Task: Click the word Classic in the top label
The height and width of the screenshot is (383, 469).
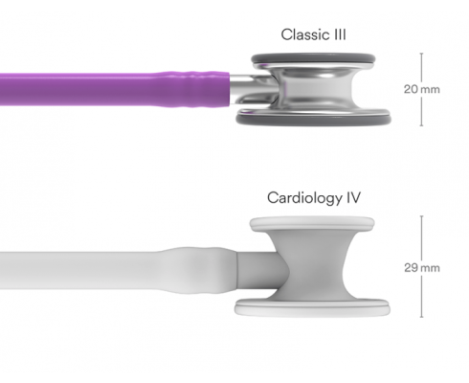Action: coord(305,34)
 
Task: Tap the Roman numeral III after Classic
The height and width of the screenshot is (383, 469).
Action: coord(340,34)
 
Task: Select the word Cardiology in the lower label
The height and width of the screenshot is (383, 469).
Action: coord(304,198)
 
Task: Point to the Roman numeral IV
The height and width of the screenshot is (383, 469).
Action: coord(353,197)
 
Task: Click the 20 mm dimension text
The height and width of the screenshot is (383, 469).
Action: coord(422,89)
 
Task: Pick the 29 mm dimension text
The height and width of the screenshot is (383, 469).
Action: coord(422,267)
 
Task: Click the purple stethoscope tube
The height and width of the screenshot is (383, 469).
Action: coord(115,89)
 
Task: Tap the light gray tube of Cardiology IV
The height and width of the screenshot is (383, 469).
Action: coord(118,271)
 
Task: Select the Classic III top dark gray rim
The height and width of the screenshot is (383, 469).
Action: coord(313,58)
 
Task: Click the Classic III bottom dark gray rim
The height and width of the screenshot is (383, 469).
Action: coord(313,120)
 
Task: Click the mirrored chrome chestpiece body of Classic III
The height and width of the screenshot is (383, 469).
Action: coord(314,89)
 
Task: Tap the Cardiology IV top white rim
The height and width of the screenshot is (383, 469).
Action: coord(312,223)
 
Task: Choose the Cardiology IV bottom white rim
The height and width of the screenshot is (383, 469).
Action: coord(312,308)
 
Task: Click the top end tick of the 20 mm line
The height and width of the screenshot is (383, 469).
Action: coord(421,54)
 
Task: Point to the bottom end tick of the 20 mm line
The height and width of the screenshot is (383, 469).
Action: coord(421,125)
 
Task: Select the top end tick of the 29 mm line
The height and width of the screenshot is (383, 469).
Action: coord(422,216)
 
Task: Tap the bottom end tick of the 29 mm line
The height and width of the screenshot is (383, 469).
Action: coord(422,317)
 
